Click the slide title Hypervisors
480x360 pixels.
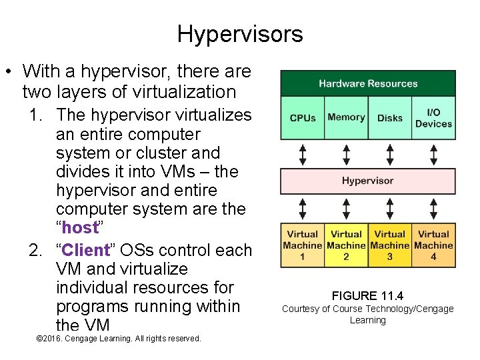[240, 33]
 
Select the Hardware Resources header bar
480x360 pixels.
[368, 83]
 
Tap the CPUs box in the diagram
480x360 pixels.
[303, 118]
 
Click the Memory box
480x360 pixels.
[346, 118]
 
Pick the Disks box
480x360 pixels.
[390, 118]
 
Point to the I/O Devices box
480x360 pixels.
[433, 118]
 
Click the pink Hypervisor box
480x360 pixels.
[368, 181]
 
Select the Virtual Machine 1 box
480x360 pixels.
[303, 245]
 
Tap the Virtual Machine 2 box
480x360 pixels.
[346, 245]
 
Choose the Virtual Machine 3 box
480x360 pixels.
[390, 245]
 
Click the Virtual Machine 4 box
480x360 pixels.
[433, 245]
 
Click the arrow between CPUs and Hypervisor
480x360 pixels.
[303, 154]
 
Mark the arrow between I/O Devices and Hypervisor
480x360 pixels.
[433, 154]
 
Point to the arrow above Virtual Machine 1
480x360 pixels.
[303, 208]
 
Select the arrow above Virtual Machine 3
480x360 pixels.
[390, 208]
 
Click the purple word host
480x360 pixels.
[80, 228]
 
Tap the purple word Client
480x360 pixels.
[84, 251]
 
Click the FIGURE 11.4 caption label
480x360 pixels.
[367, 296]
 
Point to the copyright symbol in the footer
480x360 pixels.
[39, 339]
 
